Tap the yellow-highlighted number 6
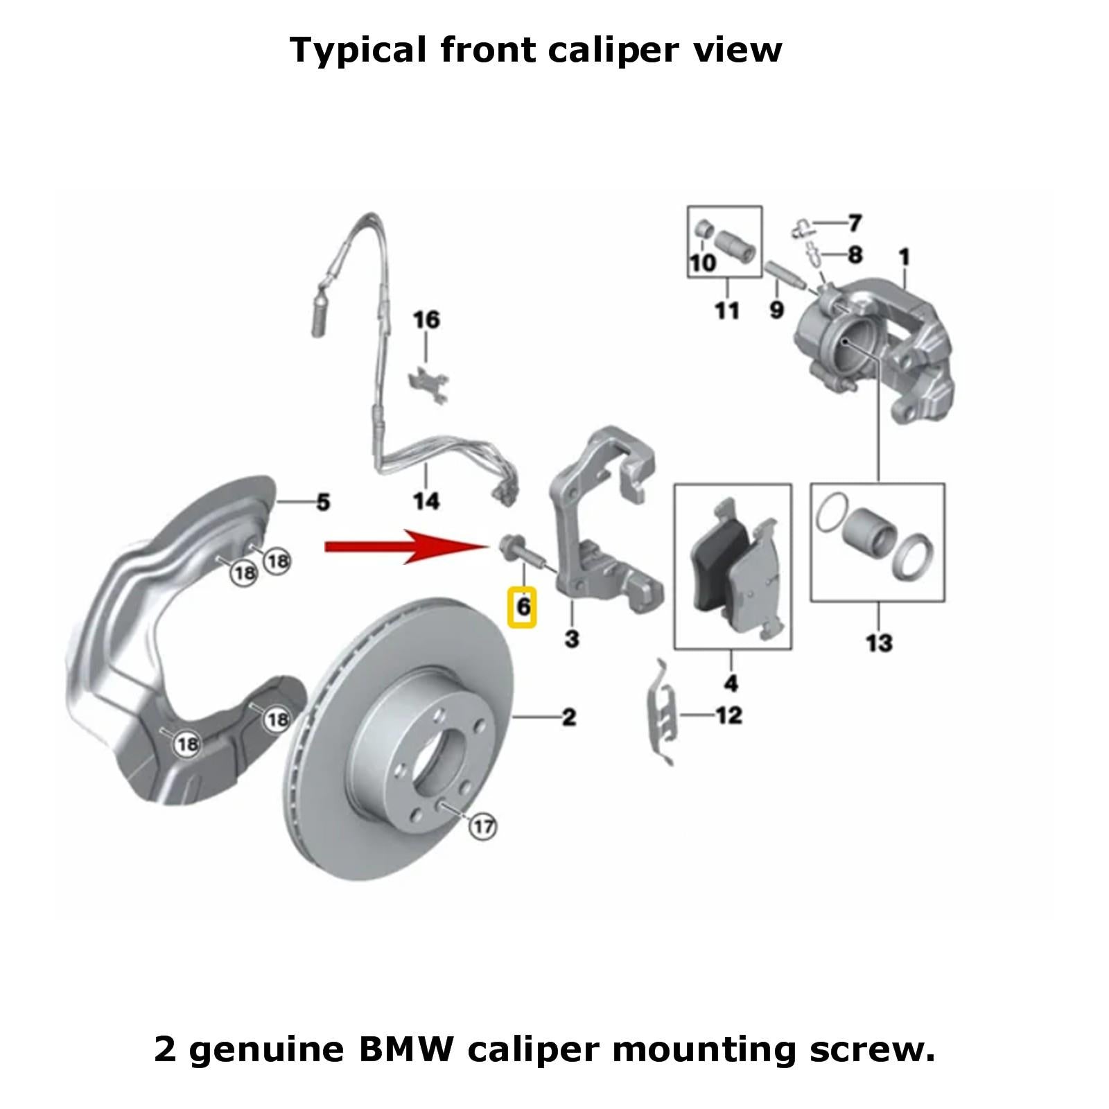523,607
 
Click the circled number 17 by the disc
483,826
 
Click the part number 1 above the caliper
905,257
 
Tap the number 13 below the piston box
879,643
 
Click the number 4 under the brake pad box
731,683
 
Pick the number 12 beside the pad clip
729,715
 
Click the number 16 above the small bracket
426,320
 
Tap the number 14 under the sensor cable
426,500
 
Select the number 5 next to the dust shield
323,502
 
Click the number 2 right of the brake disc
568,717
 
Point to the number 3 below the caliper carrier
572,638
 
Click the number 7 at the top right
855,223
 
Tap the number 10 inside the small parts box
702,263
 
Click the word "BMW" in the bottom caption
405,1049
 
